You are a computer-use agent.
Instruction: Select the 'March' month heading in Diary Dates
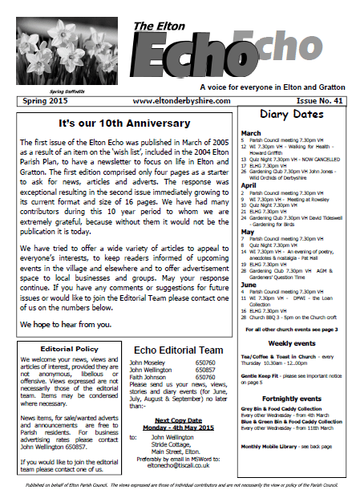coord(251,133)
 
